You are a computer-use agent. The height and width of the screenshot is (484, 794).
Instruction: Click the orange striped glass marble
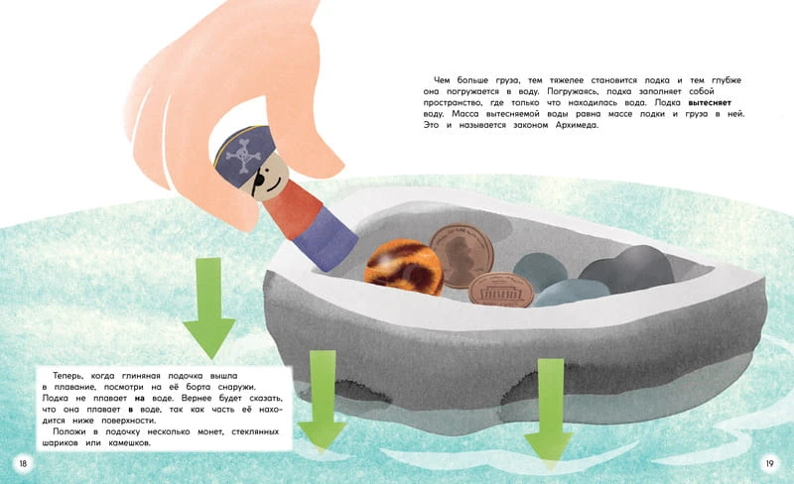point(404,269)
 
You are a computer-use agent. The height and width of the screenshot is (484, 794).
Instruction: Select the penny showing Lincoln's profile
point(462,256)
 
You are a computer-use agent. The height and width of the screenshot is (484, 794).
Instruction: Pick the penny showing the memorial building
point(501,290)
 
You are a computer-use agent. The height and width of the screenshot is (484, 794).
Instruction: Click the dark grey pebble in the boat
point(628,270)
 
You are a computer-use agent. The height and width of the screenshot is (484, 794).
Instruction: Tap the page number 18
point(23,463)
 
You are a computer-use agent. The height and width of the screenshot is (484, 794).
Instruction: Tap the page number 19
point(770,463)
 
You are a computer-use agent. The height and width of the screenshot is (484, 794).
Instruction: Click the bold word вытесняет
point(710,103)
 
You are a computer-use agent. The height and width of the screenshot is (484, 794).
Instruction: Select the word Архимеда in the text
point(577,125)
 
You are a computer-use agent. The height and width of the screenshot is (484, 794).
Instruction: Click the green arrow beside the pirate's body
point(209,307)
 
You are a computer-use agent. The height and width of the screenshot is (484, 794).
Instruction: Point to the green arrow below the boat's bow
point(322,400)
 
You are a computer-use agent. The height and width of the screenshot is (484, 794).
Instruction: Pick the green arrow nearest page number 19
point(550,410)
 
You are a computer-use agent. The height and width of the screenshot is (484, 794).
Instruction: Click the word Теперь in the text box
point(67,376)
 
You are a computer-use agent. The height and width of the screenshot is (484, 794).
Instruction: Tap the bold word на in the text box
point(139,399)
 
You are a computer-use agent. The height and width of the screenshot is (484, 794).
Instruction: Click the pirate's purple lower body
point(325,238)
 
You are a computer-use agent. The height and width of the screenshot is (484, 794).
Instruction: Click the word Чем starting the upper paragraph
point(442,80)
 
